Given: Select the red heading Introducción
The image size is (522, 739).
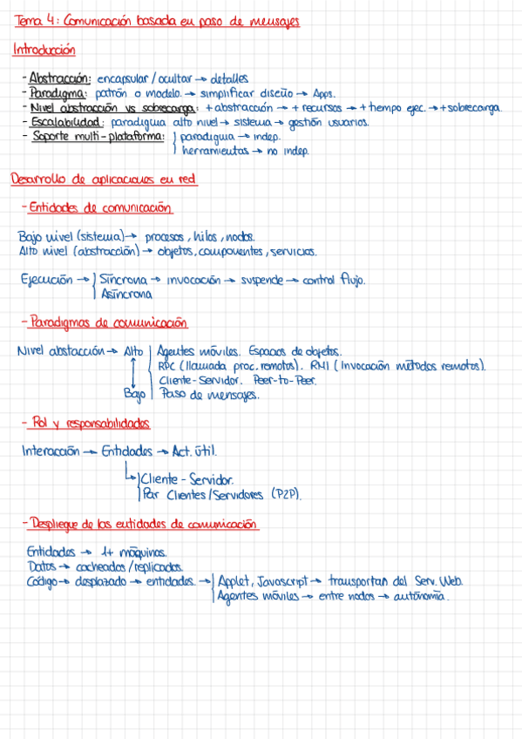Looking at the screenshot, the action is pyautogui.click(x=44, y=51).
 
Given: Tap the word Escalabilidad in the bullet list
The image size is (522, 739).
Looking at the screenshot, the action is pyautogui.click(x=61, y=122).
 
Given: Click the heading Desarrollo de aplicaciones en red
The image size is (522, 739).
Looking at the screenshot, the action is pyautogui.click(x=104, y=180).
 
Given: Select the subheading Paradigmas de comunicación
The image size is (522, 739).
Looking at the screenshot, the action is pyautogui.click(x=108, y=322).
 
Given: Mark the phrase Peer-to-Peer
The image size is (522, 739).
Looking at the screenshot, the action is pyautogui.click(x=283, y=380).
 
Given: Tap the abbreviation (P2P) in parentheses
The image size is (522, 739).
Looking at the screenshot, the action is pyautogui.click(x=286, y=494).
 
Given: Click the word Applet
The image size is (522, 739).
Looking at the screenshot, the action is pyautogui.click(x=235, y=580).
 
